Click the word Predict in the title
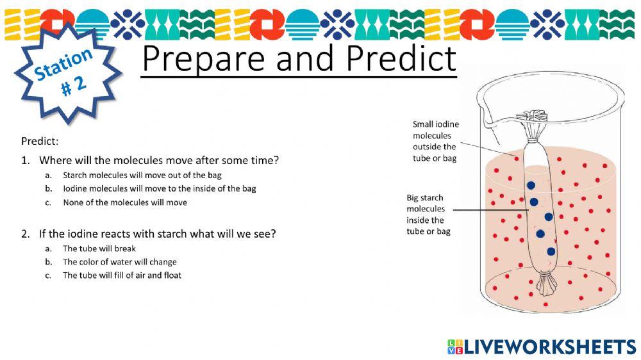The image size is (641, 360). click(x=401, y=58)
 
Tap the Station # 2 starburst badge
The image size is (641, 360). click(x=68, y=73)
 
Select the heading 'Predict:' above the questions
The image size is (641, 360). click(x=40, y=142)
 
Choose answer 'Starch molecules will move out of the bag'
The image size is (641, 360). click(x=142, y=176)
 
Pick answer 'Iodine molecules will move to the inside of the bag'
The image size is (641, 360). click(x=160, y=189)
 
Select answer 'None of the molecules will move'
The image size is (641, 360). click(x=125, y=202)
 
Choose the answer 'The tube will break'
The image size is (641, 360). click(x=99, y=249)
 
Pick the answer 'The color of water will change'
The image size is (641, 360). click(x=119, y=262)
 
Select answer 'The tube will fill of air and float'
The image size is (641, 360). click(x=122, y=275)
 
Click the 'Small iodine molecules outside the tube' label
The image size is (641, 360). click(x=435, y=141)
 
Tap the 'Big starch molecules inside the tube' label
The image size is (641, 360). click(x=428, y=215)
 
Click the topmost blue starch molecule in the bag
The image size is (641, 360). click(x=531, y=186)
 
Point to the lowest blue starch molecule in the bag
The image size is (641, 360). click(x=551, y=252)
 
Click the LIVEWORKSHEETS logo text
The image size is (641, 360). click(x=550, y=347)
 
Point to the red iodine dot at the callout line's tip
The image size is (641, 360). click(x=516, y=159)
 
